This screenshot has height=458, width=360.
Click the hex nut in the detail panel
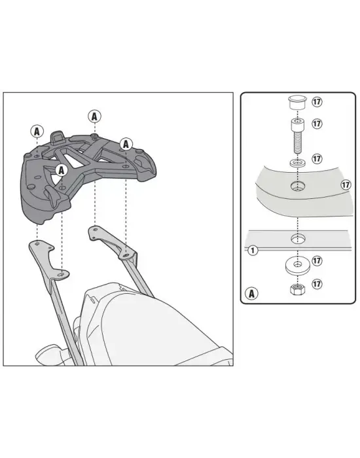pyautogui.click(x=297, y=289)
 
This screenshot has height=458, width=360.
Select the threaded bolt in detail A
pyautogui.click(x=297, y=136)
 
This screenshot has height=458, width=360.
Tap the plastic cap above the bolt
pyautogui.click(x=297, y=103)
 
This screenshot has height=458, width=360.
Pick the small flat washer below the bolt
pyautogui.click(x=297, y=162)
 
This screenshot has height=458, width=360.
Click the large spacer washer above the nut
pyautogui.click(x=297, y=266)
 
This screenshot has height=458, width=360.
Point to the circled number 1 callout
pyautogui.click(x=253, y=251)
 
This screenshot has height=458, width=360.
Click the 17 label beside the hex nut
pyautogui.click(x=317, y=283)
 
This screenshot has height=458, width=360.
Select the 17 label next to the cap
pyautogui.click(x=317, y=101)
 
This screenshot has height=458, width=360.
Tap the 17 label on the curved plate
pyautogui.click(x=346, y=185)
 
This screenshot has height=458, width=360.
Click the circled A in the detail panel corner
pyautogui.click(x=251, y=293)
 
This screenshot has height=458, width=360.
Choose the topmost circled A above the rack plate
pyautogui.click(x=94, y=116)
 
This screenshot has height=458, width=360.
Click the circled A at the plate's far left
pyautogui.click(x=37, y=132)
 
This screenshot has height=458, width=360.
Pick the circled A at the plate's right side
pyautogui.click(x=126, y=144)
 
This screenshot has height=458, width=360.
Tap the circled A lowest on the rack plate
pyautogui.click(x=61, y=170)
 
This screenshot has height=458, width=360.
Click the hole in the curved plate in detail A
pyautogui.click(x=298, y=186)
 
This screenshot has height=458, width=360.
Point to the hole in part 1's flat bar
pyautogui.click(x=298, y=239)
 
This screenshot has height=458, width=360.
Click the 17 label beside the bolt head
pyautogui.click(x=317, y=124)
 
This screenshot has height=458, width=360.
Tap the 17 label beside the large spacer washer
pyautogui.click(x=317, y=260)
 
